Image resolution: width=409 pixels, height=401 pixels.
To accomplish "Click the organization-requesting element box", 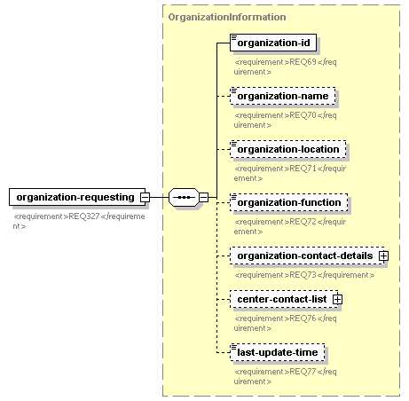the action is pos(77,197).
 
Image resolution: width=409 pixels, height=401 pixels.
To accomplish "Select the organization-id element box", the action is pos(273,43).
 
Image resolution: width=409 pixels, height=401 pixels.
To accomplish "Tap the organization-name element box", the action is pos(283,96).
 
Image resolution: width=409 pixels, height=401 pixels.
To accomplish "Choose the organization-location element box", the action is pos(288,149).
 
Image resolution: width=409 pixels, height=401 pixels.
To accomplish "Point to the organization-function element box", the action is pos(289,202).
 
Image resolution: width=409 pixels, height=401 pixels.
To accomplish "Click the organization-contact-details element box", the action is pos(307,256).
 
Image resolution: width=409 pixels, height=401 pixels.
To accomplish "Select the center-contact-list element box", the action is pos(284,299).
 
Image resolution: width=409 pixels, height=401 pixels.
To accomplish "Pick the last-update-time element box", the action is pos(278,352).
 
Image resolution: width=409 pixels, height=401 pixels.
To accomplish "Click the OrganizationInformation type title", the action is pos(227,17).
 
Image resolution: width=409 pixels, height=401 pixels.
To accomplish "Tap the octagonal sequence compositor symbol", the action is pos(184,197).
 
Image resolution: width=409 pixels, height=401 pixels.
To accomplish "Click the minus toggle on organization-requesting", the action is pos(145,197).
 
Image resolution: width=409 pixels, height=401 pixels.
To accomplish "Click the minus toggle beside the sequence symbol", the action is pos(203,197).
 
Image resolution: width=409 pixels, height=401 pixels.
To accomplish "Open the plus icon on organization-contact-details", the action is pos(384,256).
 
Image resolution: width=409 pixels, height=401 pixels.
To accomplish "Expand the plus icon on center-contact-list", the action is pos(338,299).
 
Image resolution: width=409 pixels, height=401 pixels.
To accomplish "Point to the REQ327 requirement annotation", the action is pos(79,221).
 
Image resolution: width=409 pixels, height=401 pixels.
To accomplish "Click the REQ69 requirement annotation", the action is pos(286,67).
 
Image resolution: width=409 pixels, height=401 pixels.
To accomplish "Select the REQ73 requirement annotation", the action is pos(304,275).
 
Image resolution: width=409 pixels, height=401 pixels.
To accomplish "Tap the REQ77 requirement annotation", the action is pos(286,376).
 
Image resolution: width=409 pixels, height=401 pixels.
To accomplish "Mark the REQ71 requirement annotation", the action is pos(290,173).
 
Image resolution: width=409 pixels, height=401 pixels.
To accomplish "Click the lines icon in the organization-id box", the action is pos(234,37).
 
